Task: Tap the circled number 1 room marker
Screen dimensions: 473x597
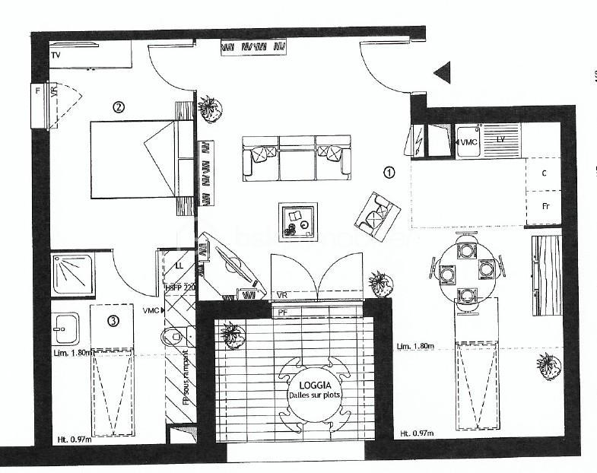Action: [389, 172]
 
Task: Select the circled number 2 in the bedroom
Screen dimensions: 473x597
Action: [118, 106]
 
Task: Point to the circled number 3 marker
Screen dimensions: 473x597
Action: [113, 321]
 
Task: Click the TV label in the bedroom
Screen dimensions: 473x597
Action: [56, 56]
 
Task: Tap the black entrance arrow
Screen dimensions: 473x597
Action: [443, 72]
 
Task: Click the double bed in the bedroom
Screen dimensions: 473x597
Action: [141, 158]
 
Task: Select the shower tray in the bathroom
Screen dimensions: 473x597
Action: [73, 274]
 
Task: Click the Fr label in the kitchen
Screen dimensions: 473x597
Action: [545, 206]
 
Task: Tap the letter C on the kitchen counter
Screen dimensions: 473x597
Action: [544, 173]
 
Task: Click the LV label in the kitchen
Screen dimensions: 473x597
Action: [501, 140]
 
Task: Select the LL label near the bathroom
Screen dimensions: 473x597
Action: [179, 266]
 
